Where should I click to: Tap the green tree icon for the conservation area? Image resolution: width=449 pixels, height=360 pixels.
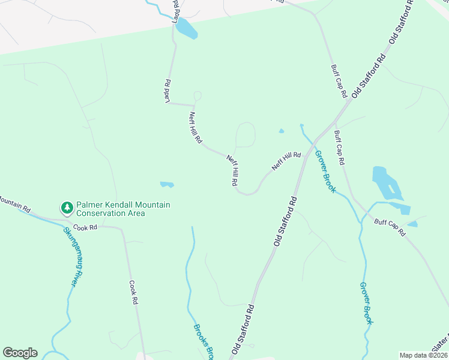pyautogui.click(x=67, y=208)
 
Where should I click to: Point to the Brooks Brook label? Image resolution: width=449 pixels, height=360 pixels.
pyautogui.click(x=203, y=343)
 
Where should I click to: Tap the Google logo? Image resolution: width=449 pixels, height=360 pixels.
pyautogui.click(x=20, y=353)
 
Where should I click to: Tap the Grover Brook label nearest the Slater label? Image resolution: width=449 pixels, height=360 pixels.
pyautogui.click(x=367, y=303)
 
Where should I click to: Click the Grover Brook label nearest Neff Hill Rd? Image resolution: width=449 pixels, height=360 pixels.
pyautogui.click(x=325, y=171)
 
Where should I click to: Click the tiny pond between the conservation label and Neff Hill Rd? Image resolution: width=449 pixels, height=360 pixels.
pyautogui.click(x=167, y=184)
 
